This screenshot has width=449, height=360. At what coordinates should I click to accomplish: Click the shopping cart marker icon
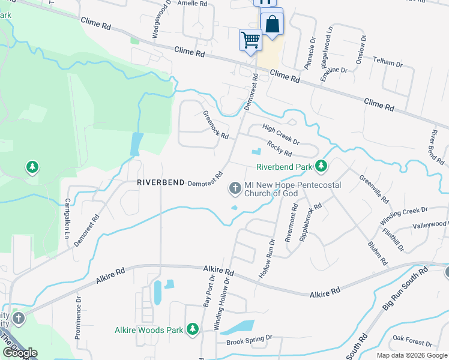pyautogui.click(x=250, y=40)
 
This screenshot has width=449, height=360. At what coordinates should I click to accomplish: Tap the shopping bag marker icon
pyautogui.click(x=272, y=25)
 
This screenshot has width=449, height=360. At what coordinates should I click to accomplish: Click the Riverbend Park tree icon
pyautogui.click(x=322, y=165)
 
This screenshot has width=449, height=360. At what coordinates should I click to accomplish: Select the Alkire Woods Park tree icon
pyautogui.click(x=192, y=329)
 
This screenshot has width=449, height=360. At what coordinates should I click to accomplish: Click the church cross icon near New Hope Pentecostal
pyautogui.click(x=235, y=189)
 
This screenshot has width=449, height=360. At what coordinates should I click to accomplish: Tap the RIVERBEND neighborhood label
pyautogui.click(x=159, y=182)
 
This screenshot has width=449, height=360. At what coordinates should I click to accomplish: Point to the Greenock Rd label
pyautogui.click(x=215, y=125)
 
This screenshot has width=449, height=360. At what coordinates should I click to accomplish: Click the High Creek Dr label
pyautogui.click(x=281, y=134)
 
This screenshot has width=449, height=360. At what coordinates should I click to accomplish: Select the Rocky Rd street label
pyautogui.click(x=279, y=149)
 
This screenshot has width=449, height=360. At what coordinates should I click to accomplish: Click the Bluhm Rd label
pyautogui.click(x=376, y=253)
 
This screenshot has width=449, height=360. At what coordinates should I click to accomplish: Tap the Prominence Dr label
pyautogui.click(x=79, y=317)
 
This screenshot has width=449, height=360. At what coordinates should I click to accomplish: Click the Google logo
pyautogui.click(x=19, y=353)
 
